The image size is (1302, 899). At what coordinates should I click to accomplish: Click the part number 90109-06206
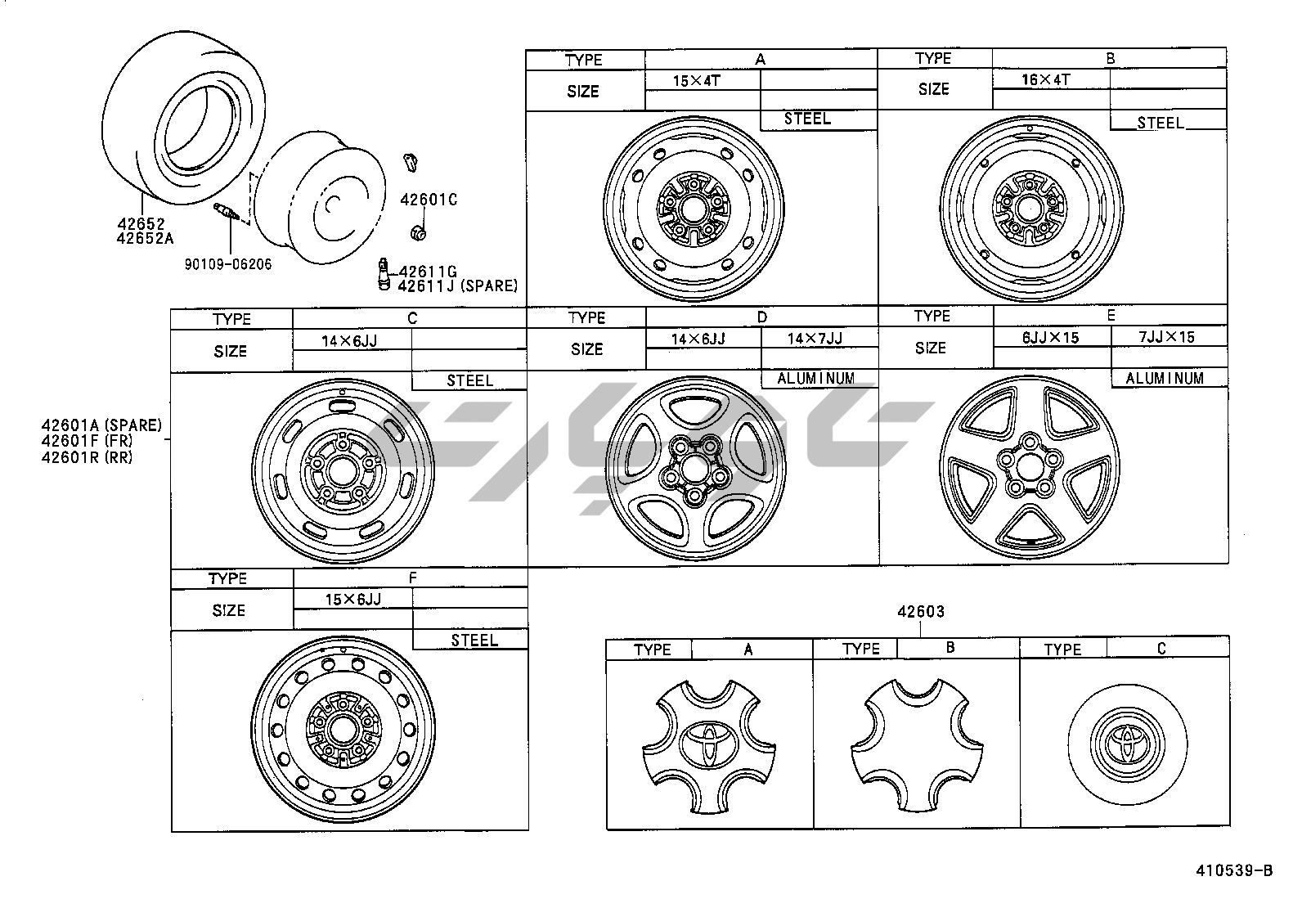(x=228, y=264)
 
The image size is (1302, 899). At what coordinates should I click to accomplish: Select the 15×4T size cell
(x=696, y=81)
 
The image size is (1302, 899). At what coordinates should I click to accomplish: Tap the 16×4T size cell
(x=1046, y=79)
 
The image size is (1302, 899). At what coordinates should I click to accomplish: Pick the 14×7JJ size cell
(x=815, y=339)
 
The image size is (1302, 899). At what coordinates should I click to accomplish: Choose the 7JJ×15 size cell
(x=1166, y=337)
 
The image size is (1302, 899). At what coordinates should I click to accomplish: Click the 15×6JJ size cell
(x=352, y=599)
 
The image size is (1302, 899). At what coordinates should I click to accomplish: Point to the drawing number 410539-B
(x=1234, y=870)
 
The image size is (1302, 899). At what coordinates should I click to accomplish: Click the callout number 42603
(x=921, y=611)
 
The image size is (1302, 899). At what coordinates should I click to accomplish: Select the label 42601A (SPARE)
(x=101, y=425)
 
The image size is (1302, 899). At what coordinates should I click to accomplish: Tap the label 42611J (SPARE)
(x=457, y=285)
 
